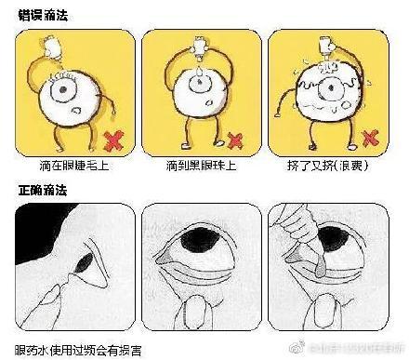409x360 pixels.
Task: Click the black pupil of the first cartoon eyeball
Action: click(x=66, y=91)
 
